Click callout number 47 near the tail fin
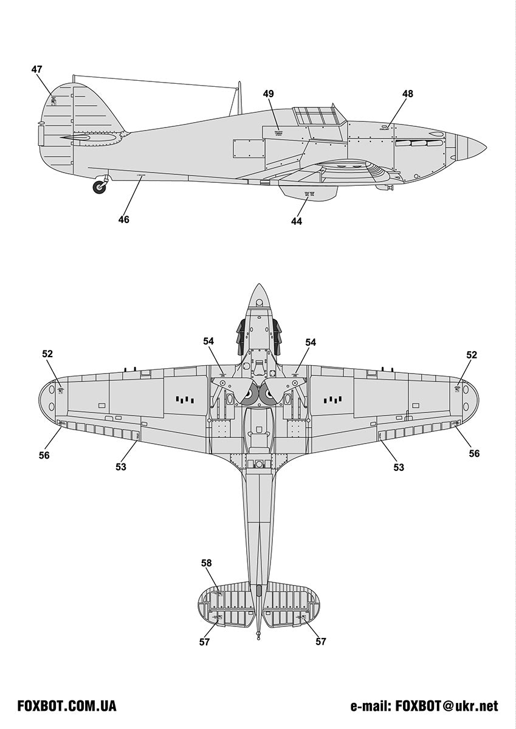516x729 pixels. click(x=37, y=69)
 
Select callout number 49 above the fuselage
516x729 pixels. click(x=268, y=94)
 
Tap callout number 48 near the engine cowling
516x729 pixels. click(x=407, y=94)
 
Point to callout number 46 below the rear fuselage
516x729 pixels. click(x=123, y=220)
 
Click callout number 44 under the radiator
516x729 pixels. click(x=296, y=222)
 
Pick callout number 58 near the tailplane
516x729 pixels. click(x=207, y=563)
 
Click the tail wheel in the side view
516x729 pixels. click(x=99, y=187)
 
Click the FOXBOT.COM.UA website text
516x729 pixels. click(x=67, y=706)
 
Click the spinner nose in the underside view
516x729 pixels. click(x=259, y=295)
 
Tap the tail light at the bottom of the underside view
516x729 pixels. click(x=259, y=635)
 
